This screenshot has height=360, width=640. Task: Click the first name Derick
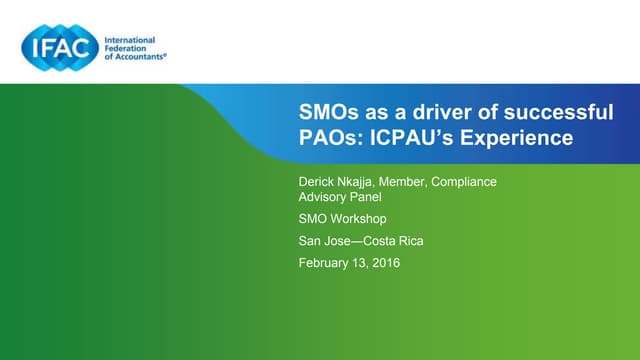click(x=319, y=181)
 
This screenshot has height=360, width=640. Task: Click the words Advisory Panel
click(x=340, y=197)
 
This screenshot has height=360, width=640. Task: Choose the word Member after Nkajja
click(x=414, y=181)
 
